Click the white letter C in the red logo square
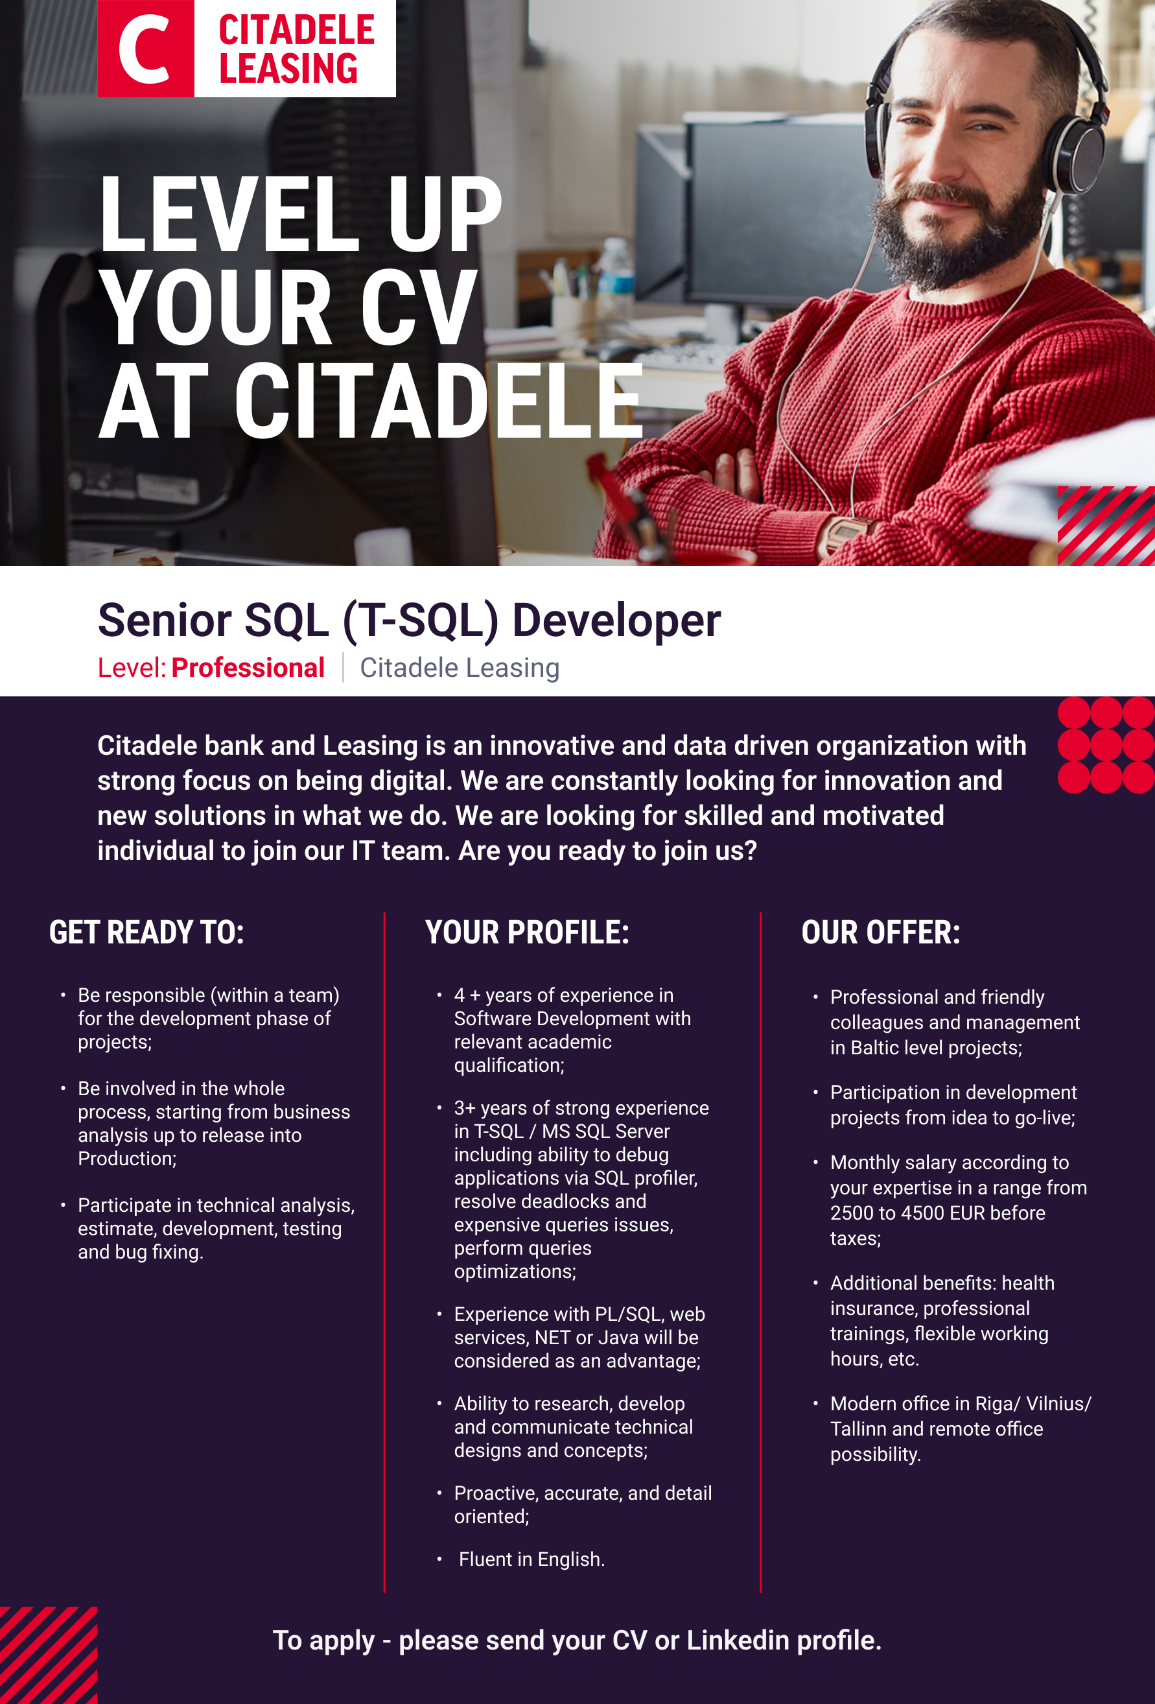pyautogui.click(x=145, y=48)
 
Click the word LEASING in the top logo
pyautogui.click(x=289, y=68)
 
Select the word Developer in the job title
pyautogui.click(x=616, y=621)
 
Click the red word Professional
pyautogui.click(x=248, y=668)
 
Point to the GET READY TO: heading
pyautogui.click(x=146, y=932)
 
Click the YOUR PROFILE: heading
pyautogui.click(x=527, y=932)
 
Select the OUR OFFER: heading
pyautogui.click(x=880, y=932)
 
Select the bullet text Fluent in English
pyautogui.click(x=531, y=1559)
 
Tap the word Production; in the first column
pyautogui.click(x=127, y=1159)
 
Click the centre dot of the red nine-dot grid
pyautogui.click(x=1106, y=745)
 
